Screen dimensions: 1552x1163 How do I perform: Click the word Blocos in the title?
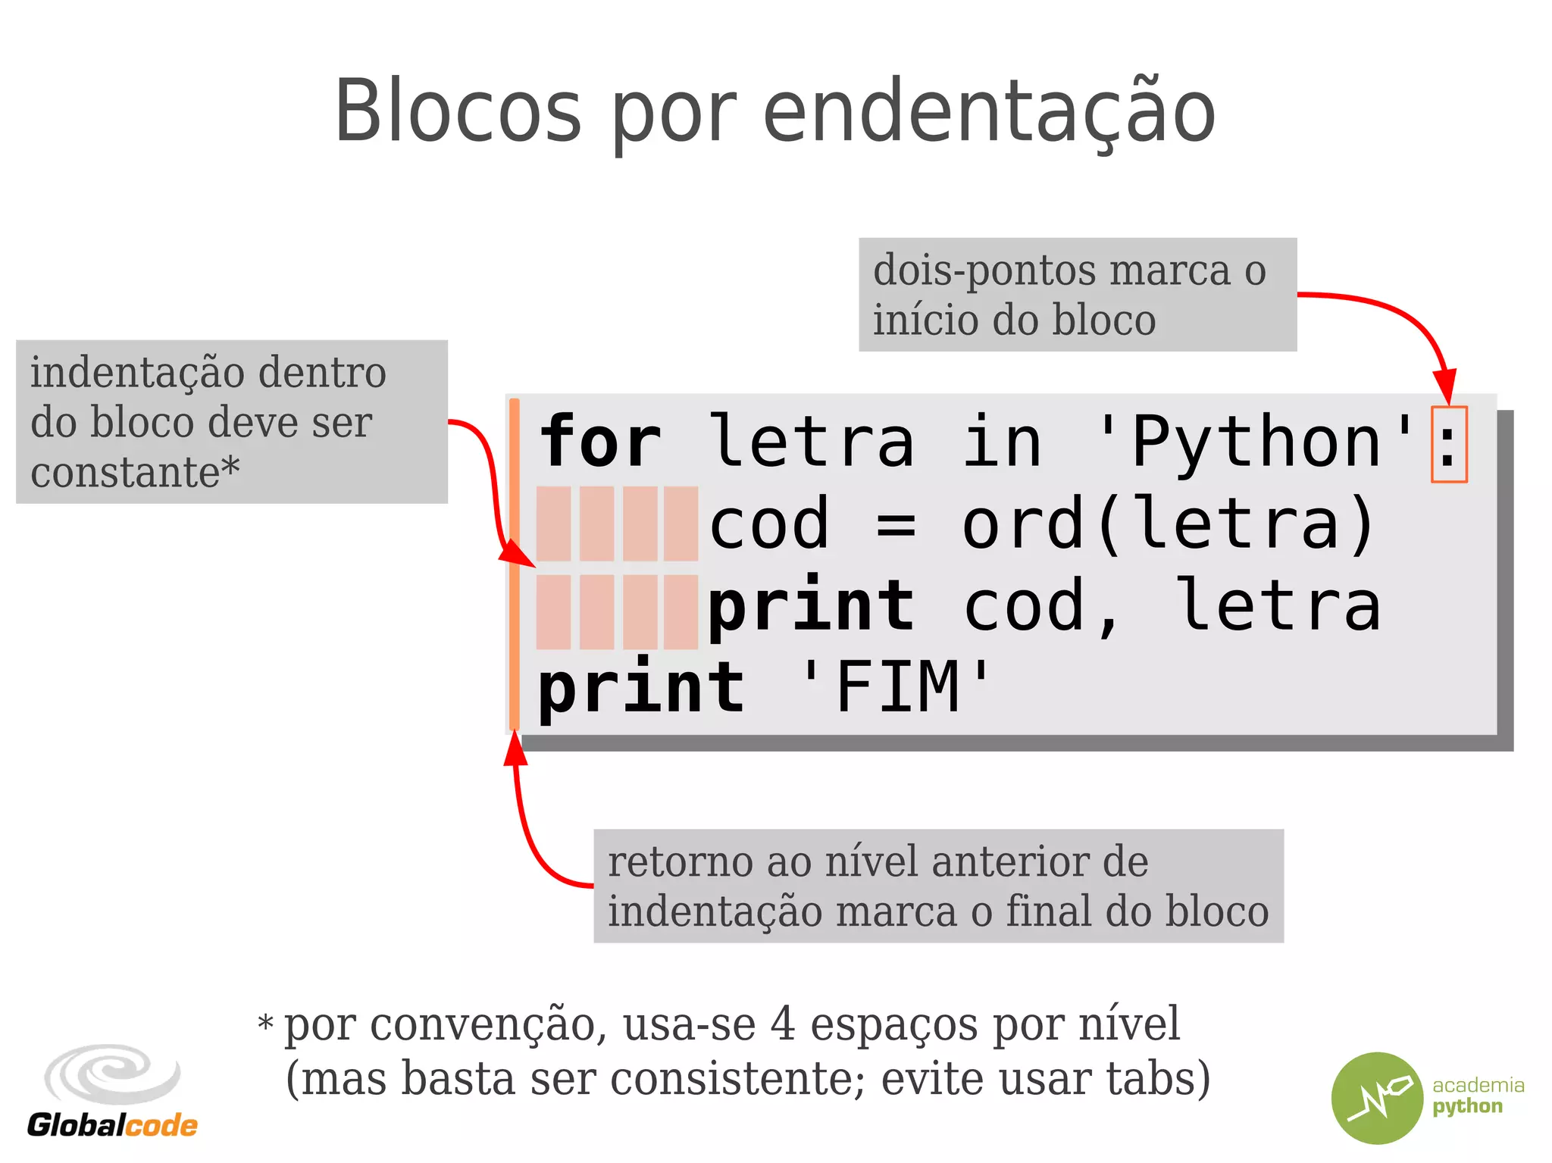click(458, 112)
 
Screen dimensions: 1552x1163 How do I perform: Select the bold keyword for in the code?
click(599, 442)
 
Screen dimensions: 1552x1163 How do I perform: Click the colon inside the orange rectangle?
click(1448, 446)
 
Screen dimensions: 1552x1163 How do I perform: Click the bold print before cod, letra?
click(811, 606)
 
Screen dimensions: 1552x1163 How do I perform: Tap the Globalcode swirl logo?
click(112, 1074)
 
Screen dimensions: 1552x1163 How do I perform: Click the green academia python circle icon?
click(1377, 1098)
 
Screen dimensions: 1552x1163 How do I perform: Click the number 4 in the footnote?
click(782, 1024)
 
